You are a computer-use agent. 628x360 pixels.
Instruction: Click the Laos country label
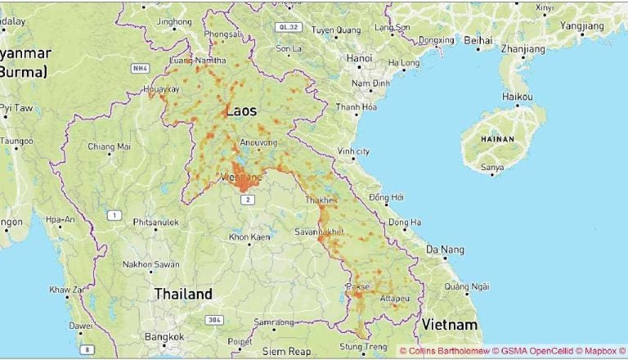coord(240,110)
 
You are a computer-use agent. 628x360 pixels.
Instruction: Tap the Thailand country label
coord(183,294)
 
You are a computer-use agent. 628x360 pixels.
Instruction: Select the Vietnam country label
coord(449,325)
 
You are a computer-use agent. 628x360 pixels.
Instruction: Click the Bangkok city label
coord(164,336)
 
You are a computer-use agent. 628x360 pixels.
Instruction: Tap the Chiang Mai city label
coord(110,147)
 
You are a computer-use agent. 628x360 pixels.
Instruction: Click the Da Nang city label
coord(446,249)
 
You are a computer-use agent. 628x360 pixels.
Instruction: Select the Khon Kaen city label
coord(249,237)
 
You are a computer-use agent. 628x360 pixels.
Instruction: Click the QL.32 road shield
coord(289,27)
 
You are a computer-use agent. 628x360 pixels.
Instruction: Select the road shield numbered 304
coord(214,319)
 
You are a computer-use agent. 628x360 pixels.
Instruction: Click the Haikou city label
coord(517,97)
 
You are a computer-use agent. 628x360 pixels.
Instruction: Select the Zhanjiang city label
coord(523,48)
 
